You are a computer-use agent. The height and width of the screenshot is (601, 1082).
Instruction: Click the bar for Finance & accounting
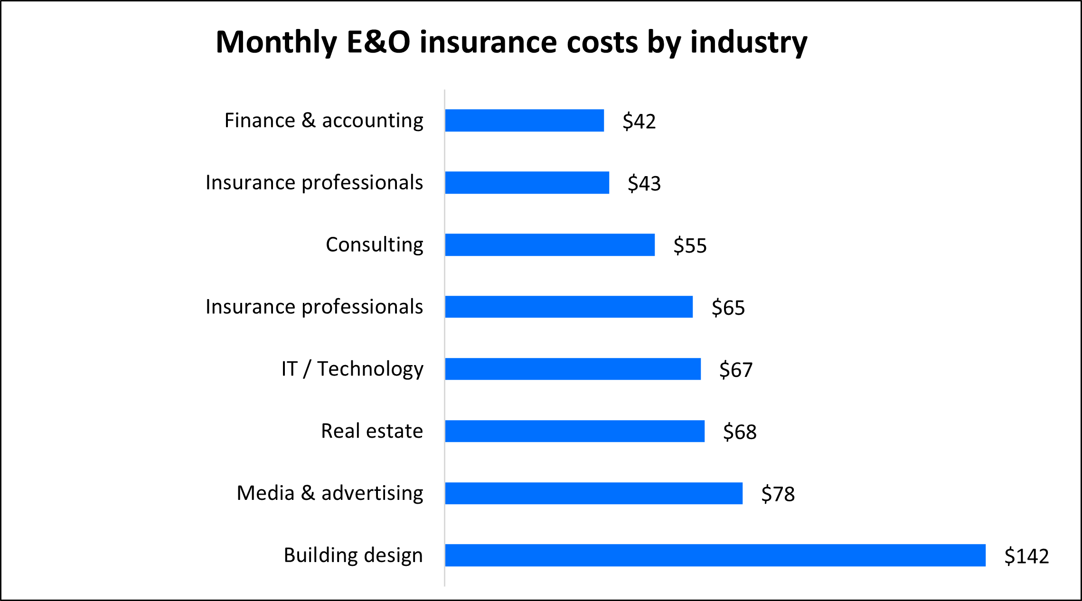pyautogui.click(x=524, y=121)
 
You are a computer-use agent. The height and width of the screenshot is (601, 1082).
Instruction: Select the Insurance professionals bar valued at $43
pyautogui.click(x=527, y=183)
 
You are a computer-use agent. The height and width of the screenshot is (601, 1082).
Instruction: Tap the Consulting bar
pyautogui.click(x=550, y=245)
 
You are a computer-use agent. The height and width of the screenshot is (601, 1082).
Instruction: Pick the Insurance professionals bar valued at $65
pyautogui.click(x=569, y=307)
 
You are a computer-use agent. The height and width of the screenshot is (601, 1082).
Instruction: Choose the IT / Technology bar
pyautogui.click(x=573, y=369)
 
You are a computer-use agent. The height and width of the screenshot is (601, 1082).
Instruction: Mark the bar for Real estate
pyautogui.click(x=574, y=431)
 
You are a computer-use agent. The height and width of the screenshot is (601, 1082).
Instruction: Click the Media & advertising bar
pyautogui.click(x=593, y=493)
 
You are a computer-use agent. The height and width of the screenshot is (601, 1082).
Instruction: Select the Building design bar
pyautogui.click(x=715, y=555)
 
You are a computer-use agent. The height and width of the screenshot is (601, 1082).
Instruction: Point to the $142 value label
pyautogui.click(x=1026, y=556)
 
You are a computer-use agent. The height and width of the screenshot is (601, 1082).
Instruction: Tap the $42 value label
pyautogui.click(x=639, y=122)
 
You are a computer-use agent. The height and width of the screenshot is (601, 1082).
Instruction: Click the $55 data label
pyautogui.click(x=690, y=246)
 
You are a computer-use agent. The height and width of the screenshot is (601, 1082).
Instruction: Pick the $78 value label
pyautogui.click(x=778, y=494)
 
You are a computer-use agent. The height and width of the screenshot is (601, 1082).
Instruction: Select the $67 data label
pyautogui.click(x=736, y=370)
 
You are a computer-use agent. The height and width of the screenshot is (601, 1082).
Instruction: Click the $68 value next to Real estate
pyautogui.click(x=740, y=432)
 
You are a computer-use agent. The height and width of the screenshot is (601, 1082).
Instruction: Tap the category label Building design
pyautogui.click(x=353, y=555)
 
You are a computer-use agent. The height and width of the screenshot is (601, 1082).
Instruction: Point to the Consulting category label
pyautogui.click(x=374, y=245)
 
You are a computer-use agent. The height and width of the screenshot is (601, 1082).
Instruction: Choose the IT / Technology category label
pyautogui.click(x=352, y=369)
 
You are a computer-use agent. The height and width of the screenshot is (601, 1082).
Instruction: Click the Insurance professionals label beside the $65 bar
pyautogui.click(x=314, y=307)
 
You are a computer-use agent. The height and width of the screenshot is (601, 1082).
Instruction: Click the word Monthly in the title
pyautogui.click(x=276, y=43)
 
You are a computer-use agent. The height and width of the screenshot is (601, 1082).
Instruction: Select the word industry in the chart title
pyautogui.click(x=749, y=43)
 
